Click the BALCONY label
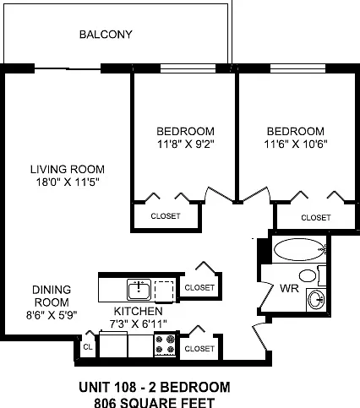click(106, 35)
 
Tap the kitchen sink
click(139, 290)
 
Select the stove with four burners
click(165, 345)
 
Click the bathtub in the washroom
click(299, 249)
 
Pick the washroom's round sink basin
click(316, 300)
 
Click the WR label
click(289, 288)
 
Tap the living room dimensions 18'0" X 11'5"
click(68, 182)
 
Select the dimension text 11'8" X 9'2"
click(186, 144)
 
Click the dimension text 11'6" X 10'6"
click(296, 144)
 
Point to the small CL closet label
click(88, 347)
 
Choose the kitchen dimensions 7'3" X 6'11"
click(138, 324)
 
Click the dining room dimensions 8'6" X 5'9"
click(52, 315)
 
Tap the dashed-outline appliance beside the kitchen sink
click(164, 291)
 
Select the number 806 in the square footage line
click(105, 403)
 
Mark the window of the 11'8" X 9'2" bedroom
click(188, 68)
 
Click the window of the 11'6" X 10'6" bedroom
click(298, 68)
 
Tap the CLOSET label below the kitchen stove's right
click(199, 349)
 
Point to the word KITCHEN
click(139, 311)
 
